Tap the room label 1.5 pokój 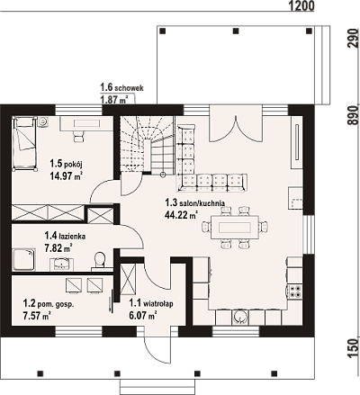tap(66, 164)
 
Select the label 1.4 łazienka tap(65, 236)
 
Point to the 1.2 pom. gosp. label tap(49, 304)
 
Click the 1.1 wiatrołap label tap(151, 303)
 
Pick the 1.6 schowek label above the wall tap(121, 87)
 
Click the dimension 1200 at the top tap(301, 5)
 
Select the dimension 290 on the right tap(354, 38)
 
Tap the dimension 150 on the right tap(354, 348)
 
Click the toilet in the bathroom tap(99, 260)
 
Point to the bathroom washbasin tap(62, 264)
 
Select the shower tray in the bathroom tap(23, 259)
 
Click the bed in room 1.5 tap(25, 144)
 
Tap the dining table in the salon tap(235, 227)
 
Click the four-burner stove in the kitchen tap(295, 291)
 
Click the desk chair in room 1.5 tap(79, 136)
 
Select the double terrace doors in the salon tap(236, 123)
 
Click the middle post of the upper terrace tap(236, 31)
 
